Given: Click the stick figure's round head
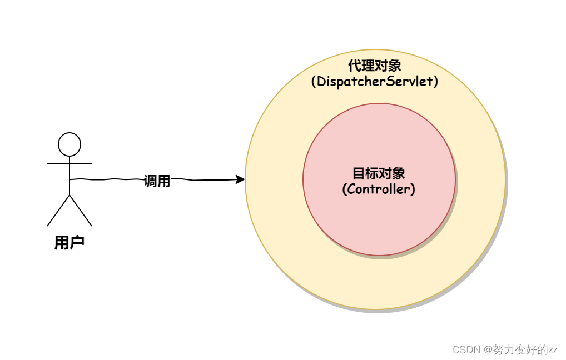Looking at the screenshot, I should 69,144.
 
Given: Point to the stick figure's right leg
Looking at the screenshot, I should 81,211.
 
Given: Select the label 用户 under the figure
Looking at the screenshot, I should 69,243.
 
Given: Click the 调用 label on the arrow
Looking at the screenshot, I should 157,181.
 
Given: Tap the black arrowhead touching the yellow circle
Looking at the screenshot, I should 240,179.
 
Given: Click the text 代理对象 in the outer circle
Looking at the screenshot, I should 375,66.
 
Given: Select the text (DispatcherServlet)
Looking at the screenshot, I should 375,82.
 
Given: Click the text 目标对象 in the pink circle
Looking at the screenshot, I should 379,173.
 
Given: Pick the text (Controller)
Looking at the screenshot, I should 379,189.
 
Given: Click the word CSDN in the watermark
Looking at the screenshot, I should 466,349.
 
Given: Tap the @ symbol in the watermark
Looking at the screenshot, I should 488,349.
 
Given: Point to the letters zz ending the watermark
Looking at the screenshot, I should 552,350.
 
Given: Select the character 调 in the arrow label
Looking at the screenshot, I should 150,181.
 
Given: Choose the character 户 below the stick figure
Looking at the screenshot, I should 77,243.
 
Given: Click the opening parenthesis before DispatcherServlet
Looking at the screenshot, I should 314,82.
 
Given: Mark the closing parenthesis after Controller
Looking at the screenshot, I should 413,189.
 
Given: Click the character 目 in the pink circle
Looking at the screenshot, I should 359,173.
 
